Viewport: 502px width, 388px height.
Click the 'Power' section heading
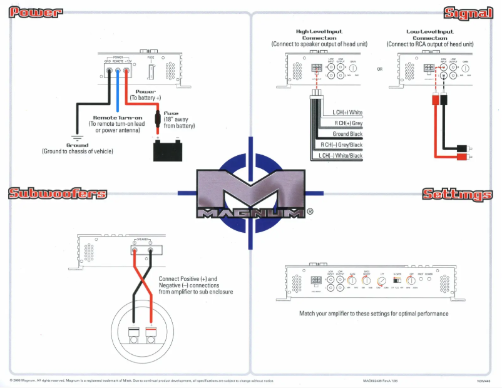pyautogui.click(x=36, y=12)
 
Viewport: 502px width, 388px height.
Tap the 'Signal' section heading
pyautogui.click(x=467, y=12)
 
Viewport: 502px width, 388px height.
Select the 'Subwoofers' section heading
pyautogui.click(x=56, y=194)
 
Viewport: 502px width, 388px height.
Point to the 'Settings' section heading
pyautogui.click(x=457, y=194)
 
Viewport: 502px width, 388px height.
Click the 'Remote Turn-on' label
pyautogui.click(x=118, y=118)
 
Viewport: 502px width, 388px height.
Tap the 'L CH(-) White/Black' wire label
pyautogui.click(x=341, y=155)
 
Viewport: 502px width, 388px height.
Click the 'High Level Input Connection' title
pyautogui.click(x=319, y=34)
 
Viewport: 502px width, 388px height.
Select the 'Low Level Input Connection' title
pyautogui.click(x=429, y=34)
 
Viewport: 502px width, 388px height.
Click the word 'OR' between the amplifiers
pyautogui.click(x=379, y=69)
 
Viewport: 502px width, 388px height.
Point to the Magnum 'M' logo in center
pyautogui.click(x=250, y=191)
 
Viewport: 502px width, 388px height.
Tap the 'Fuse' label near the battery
pyautogui.click(x=171, y=113)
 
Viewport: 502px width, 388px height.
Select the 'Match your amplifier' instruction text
pyautogui.click(x=374, y=314)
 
